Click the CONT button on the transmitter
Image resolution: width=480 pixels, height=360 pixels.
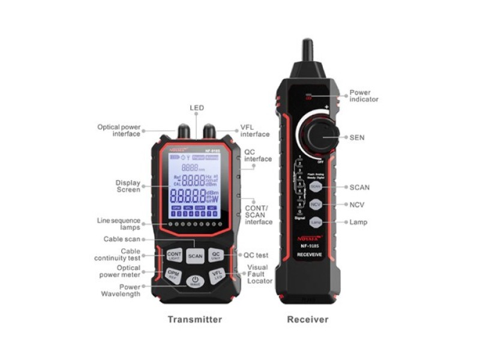coord(174,256)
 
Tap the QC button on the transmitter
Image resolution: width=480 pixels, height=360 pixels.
coord(216,256)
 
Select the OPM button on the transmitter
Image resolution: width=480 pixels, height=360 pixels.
coord(173,275)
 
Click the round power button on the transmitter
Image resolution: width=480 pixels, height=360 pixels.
coord(195,281)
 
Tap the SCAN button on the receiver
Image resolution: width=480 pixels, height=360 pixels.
coord(316,187)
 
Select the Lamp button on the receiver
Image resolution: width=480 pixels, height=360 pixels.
coord(316,223)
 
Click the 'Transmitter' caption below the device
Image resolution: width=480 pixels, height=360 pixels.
coord(194,319)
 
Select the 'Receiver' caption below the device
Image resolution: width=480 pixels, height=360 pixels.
coord(307,319)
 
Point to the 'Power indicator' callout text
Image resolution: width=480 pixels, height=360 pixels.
coord(364,96)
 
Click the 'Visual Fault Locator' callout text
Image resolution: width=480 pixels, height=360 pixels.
coord(257,274)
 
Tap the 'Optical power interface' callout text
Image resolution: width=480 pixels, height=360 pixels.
coord(119,130)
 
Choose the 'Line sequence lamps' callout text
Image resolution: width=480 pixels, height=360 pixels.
coord(119,224)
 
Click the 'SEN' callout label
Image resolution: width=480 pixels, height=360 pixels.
coord(357,137)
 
